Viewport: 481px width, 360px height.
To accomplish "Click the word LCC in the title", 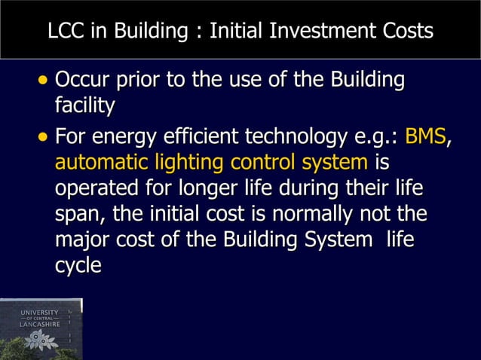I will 64,32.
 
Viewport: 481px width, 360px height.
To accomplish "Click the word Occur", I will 85,80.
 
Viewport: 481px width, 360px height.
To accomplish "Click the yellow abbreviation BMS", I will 425,138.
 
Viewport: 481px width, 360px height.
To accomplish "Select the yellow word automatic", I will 102,163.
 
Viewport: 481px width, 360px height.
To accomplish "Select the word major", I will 81,239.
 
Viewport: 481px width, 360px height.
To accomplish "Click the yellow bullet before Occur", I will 44,81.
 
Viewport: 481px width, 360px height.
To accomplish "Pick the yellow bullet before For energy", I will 44,139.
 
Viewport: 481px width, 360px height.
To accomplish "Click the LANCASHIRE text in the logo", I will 40,325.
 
